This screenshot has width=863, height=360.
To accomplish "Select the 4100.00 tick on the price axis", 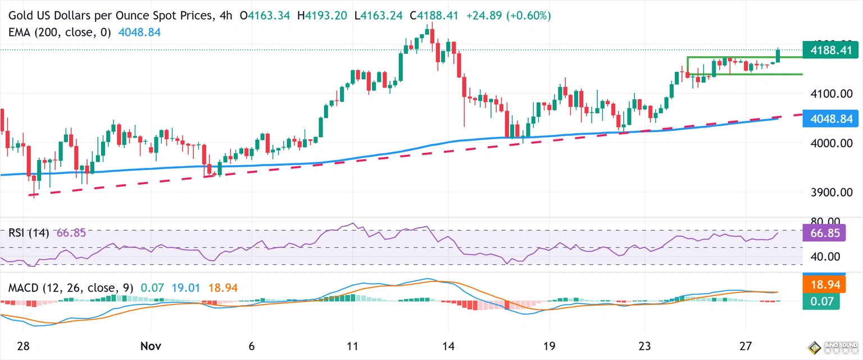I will [826, 93].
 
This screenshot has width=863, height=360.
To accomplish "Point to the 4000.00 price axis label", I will [826, 143].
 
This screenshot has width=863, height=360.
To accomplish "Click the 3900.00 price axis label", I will [826, 192].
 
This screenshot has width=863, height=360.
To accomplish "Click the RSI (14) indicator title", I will [29, 233].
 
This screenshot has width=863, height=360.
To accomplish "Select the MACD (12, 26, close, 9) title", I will [71, 288].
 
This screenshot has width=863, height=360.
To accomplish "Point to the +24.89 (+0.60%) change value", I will [508, 16].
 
